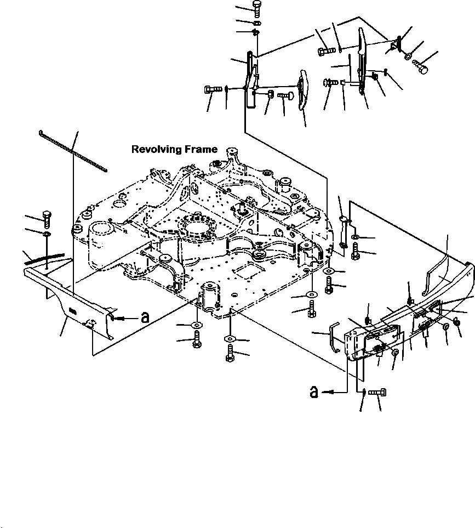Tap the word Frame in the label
[x=202, y=149]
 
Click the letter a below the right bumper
[x=314, y=391]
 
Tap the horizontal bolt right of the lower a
[x=379, y=393]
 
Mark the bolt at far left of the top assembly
[x=211, y=89]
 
